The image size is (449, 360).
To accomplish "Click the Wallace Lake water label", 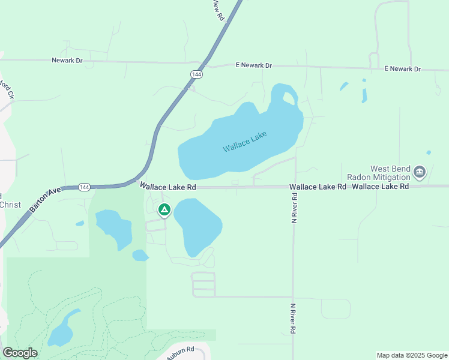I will pos(244,141).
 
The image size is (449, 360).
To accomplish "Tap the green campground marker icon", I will pos(164,210).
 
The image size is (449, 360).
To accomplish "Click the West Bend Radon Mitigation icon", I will pos(420,173).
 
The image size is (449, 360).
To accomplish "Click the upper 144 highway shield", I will pos(196,73).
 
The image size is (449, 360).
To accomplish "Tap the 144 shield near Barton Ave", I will pos(85,187).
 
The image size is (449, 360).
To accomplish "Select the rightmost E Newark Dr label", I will pos(402,69).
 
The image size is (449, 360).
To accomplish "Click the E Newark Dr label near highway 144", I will pos(254,65).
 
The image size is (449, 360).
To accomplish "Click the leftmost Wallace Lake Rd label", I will pos(169,187).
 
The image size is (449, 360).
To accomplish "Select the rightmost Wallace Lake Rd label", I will pos(381,187).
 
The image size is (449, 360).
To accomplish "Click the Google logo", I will pos(20,353).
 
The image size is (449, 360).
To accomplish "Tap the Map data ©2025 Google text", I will pos(411,355).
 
